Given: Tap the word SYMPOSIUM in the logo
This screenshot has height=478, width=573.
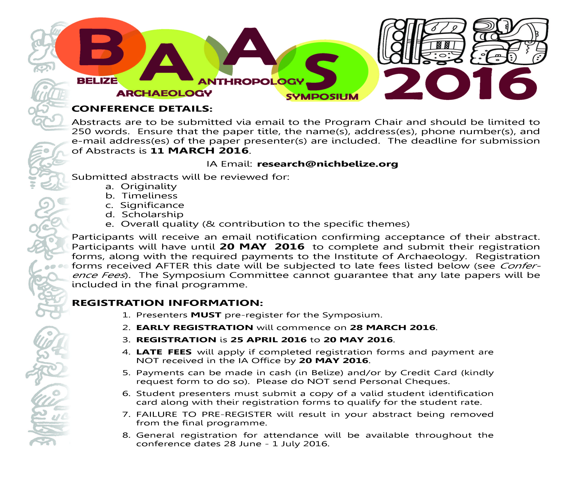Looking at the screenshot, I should click(322, 97).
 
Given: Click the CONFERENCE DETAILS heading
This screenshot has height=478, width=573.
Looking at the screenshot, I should click(142, 109).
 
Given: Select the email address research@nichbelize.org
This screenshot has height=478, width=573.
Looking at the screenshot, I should click(327, 164).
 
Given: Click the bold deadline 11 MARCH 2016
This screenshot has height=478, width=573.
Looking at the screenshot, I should click(200, 150).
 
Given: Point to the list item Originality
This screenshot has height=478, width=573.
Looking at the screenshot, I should click(149, 187).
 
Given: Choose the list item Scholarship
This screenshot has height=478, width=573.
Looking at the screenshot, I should click(152, 214).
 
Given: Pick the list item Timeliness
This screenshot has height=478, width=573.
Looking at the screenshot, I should click(149, 196).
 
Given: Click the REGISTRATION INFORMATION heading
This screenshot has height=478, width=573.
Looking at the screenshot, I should click(167, 303).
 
